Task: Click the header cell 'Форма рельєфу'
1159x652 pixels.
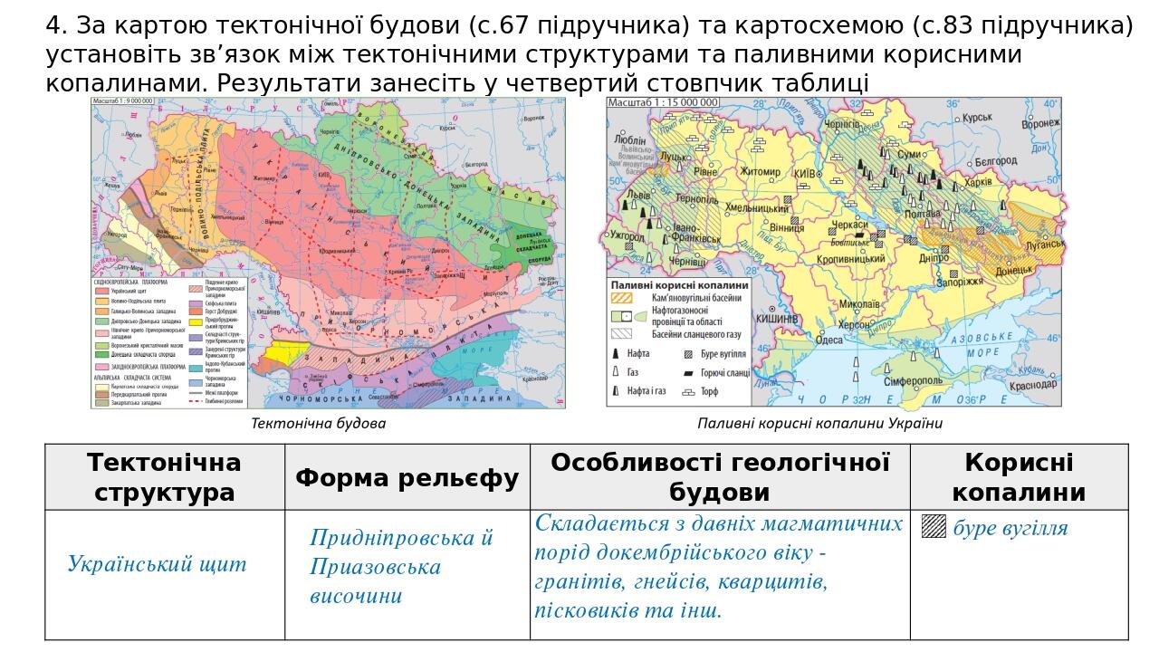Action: pos(407,477)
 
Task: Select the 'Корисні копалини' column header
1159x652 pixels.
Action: pos(1019,477)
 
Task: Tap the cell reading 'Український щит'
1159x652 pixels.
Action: pos(157,564)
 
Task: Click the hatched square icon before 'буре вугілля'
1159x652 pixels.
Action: pos(934,527)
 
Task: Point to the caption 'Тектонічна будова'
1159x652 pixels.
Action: pos(318,423)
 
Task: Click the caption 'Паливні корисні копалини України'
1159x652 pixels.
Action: pos(819,423)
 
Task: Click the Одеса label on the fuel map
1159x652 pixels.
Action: pos(829,340)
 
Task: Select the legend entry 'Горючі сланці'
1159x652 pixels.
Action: pos(727,373)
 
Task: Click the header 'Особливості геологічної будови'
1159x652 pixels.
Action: pos(720,477)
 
